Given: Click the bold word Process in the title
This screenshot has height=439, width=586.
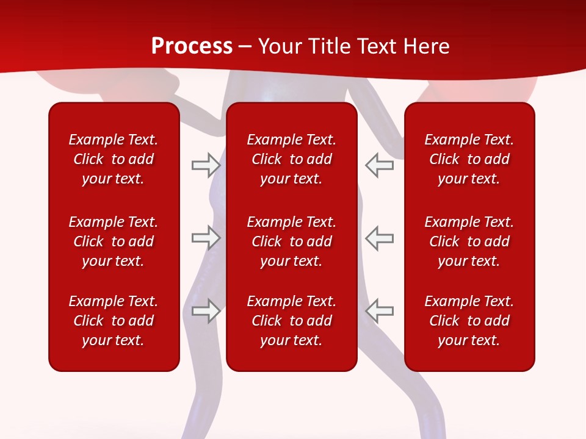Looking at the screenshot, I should (192, 46).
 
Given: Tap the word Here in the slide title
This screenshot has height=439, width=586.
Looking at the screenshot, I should (424, 46).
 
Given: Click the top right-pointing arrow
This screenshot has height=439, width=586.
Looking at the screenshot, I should (206, 165).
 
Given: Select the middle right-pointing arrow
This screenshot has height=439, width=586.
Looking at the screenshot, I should (206, 238).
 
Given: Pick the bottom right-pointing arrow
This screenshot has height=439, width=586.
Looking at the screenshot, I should (206, 311).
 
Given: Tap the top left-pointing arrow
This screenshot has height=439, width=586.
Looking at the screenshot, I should (380, 165).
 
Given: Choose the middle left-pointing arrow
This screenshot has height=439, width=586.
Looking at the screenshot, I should (380, 238).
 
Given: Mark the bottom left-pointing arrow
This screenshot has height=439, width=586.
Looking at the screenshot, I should (380, 311).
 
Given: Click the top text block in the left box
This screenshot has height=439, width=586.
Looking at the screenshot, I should (114, 159).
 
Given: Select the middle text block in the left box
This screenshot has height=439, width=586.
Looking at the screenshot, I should (114, 241).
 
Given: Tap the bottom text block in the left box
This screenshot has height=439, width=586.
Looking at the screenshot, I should (114, 321).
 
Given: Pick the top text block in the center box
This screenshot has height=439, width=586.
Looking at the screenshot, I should (292, 159).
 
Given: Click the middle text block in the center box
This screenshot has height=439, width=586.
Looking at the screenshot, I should (292, 241).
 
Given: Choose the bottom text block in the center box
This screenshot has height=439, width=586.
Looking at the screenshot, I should (292, 321).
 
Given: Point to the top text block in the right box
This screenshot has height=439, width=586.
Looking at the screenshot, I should (469, 159).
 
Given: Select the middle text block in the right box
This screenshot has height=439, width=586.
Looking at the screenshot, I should (469, 241).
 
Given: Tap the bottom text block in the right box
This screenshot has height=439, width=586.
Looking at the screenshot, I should (469, 321).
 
